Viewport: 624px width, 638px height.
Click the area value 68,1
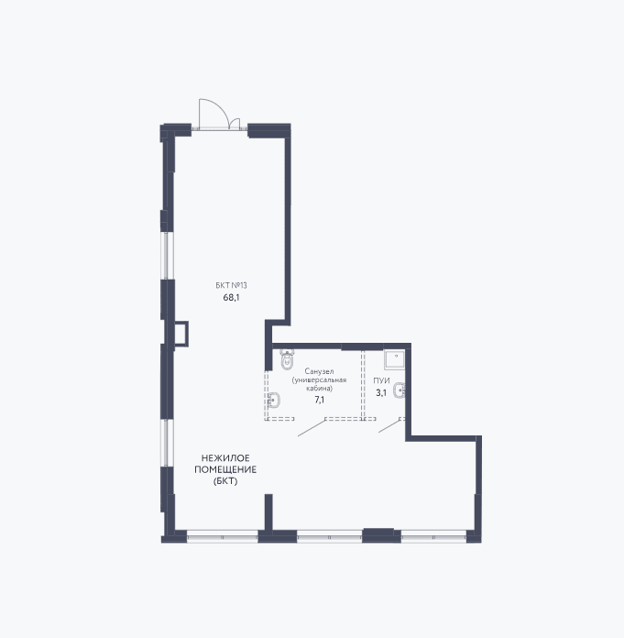(231, 297)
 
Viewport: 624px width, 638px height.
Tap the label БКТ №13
(231, 285)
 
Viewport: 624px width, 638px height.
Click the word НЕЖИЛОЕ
(225, 458)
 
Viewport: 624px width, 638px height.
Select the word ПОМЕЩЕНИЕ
(225, 469)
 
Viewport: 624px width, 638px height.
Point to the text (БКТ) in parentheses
(225, 481)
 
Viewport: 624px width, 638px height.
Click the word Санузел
(319, 371)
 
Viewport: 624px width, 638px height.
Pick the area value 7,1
(319, 400)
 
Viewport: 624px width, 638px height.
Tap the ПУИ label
(381, 380)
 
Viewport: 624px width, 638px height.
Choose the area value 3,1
(381, 393)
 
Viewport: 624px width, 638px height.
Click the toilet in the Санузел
(287, 359)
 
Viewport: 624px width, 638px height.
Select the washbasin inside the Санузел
(273, 400)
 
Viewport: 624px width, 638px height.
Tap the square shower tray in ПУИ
(394, 359)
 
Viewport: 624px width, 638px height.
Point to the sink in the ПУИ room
(400, 391)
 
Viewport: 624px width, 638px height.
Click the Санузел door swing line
(312, 428)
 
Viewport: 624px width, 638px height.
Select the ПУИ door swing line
(389, 426)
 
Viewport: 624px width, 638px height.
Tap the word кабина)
(319, 388)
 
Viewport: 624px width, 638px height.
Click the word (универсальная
(319, 380)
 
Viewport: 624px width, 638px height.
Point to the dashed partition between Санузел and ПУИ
(363, 384)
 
